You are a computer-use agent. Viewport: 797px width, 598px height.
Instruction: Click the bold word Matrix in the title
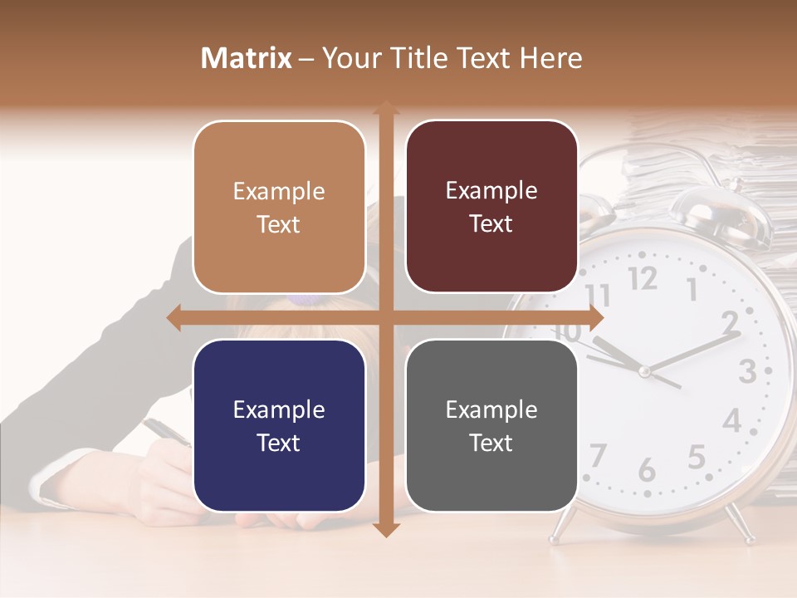pyautogui.click(x=247, y=58)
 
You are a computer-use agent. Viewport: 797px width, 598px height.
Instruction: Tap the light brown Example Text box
pyautogui.click(x=279, y=207)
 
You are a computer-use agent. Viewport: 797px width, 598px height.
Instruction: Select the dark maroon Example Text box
pyautogui.click(x=491, y=206)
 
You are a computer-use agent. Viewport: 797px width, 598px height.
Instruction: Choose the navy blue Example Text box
pyautogui.click(x=279, y=425)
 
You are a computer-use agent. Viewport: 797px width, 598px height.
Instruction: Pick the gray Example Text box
pyautogui.click(x=491, y=425)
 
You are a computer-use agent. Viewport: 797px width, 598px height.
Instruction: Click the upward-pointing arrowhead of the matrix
pyautogui.click(x=385, y=108)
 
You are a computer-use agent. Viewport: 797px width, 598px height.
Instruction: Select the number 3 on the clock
pyautogui.click(x=747, y=370)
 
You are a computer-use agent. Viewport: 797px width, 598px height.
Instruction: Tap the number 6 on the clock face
pyautogui.click(x=647, y=471)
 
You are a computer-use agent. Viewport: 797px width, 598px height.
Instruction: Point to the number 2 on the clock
pyautogui.click(x=730, y=321)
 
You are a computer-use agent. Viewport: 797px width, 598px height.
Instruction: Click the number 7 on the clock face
pyautogui.click(x=597, y=455)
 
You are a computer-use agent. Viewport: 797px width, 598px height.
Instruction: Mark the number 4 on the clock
pyautogui.click(x=731, y=420)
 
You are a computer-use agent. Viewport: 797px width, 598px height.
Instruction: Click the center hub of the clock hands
pyautogui.click(x=644, y=370)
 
